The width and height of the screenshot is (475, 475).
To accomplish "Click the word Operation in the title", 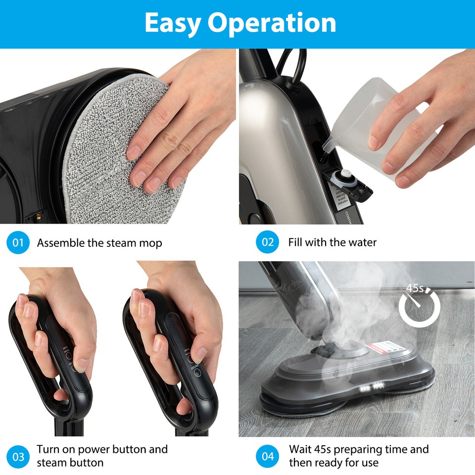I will tap(272, 23).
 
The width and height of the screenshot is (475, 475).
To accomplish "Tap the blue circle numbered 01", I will tap(18, 242).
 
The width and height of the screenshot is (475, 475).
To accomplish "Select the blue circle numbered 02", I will tap(268, 242).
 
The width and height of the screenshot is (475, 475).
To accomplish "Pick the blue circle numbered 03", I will tap(18, 456).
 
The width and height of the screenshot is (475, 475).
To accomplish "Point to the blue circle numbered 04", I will tap(268, 456).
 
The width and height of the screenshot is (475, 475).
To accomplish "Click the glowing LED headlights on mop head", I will tap(372, 389).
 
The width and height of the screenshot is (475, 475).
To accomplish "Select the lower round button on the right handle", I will tap(198, 372).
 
